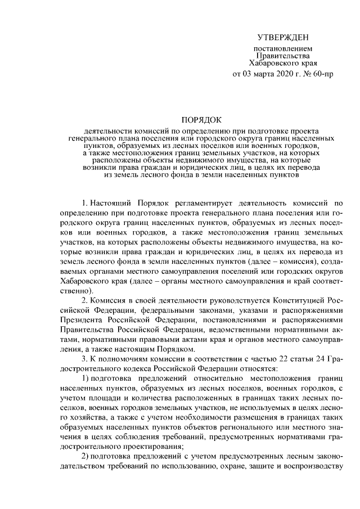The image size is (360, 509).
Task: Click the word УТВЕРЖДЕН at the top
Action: [283, 38]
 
